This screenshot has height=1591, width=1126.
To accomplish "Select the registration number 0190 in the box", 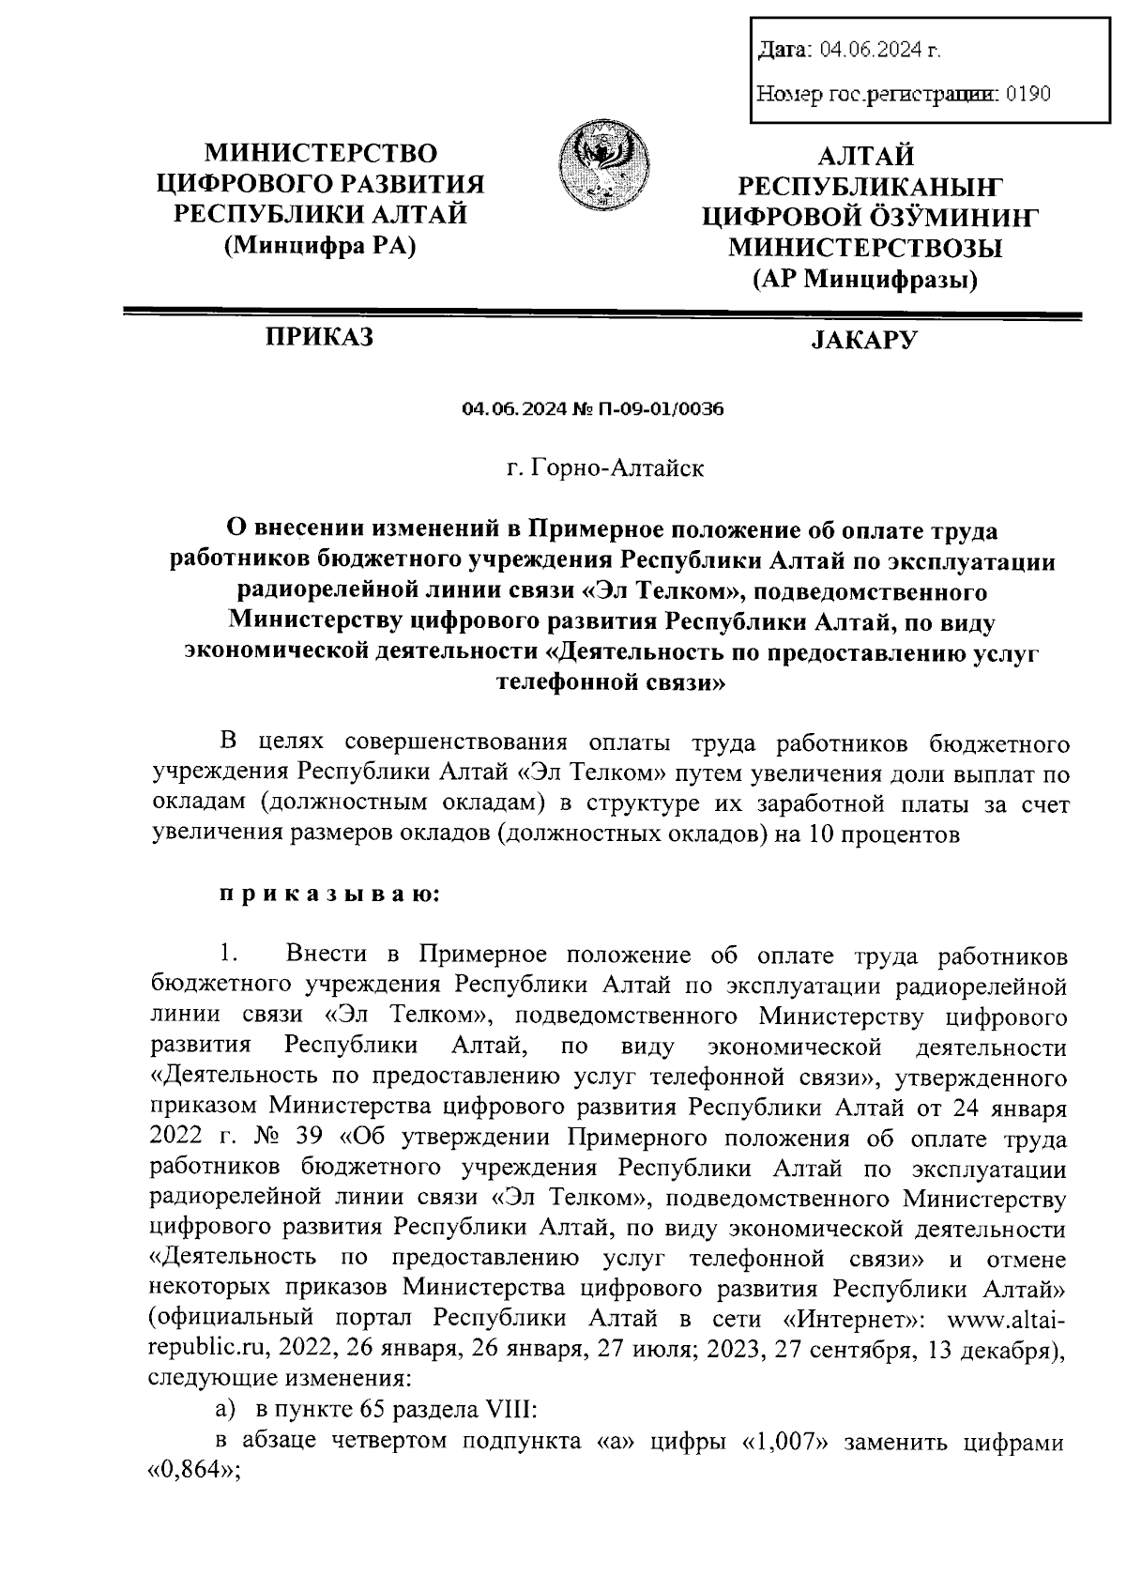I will [x=1027, y=94].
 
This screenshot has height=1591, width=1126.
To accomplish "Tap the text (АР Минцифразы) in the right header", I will [x=864, y=279].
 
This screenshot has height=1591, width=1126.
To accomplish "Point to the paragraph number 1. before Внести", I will [x=228, y=956].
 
